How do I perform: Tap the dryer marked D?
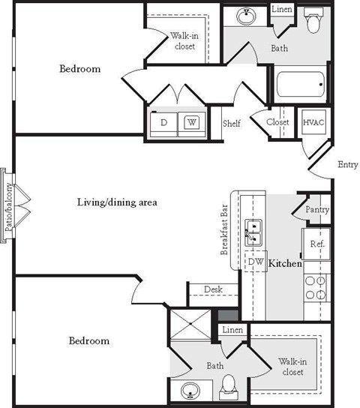point(163,122)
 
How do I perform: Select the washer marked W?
point(191,122)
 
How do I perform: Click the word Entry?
point(348,165)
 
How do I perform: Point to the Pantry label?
point(316,210)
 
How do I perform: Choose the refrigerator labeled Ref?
point(316,244)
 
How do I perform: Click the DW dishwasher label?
point(256,261)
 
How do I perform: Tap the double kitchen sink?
point(253,233)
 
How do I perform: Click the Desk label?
point(212,289)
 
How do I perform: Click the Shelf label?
point(231,124)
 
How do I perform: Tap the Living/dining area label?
point(116,202)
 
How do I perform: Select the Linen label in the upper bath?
point(281,10)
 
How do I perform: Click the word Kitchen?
point(285,264)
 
